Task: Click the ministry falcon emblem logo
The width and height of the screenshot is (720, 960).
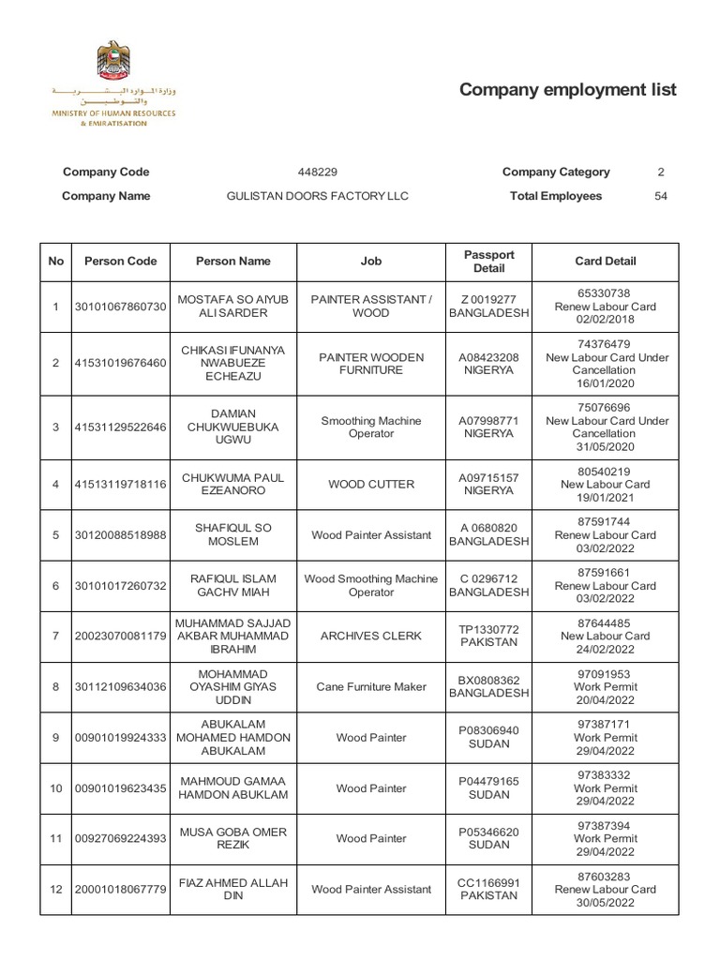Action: click(112, 60)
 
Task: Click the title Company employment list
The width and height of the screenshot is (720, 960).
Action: click(567, 90)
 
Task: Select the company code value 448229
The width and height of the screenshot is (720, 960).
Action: click(318, 172)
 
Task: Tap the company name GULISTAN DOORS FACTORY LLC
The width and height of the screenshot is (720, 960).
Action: click(318, 197)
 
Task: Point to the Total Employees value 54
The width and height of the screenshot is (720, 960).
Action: click(661, 197)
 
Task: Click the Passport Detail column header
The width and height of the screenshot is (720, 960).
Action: click(488, 262)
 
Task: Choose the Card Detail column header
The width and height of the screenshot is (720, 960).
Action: click(605, 262)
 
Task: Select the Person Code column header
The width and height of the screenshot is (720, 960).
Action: click(121, 262)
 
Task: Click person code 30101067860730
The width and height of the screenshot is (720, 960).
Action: click(121, 307)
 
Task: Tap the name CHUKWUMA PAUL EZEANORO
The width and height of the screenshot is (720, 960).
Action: click(232, 485)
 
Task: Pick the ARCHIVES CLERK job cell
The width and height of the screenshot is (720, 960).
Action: click(371, 637)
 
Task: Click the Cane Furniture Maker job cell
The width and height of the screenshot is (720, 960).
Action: click(371, 687)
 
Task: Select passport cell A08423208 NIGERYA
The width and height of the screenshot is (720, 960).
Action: click(488, 364)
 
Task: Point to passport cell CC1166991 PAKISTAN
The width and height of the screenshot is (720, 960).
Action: click(488, 889)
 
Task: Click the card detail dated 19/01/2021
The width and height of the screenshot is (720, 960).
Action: click(605, 485)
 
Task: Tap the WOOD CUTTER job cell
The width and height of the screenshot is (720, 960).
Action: click(371, 485)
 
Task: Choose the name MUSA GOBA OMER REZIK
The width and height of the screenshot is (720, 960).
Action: click(232, 838)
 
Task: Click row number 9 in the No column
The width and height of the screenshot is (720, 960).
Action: click(56, 738)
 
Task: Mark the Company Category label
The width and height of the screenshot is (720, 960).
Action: click(556, 172)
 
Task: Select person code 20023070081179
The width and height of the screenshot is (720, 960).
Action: click(121, 637)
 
